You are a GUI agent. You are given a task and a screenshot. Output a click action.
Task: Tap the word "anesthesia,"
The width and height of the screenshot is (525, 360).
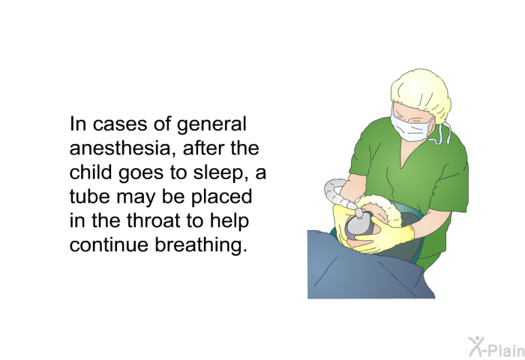coord(123,148)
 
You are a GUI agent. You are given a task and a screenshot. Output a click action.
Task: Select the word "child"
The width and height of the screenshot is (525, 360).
coord(90,172)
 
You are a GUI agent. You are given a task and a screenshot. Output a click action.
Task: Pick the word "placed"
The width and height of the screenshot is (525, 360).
coord(222,197)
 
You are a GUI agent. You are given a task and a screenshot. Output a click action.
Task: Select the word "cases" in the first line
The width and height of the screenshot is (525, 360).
coord(120,124)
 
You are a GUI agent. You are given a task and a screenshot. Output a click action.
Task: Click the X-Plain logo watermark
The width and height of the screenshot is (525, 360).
coord(496,346)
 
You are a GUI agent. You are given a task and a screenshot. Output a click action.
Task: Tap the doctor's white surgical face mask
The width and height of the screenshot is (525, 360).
coord(410,124)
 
